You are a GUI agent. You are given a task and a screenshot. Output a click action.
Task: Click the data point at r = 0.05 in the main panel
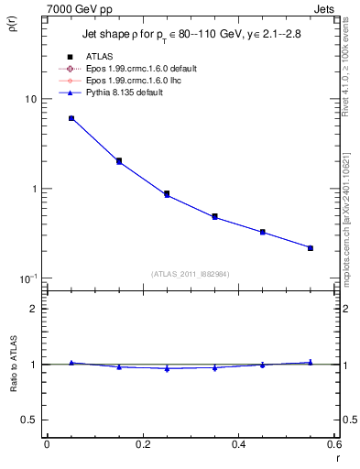pyautogui.click(x=71, y=118)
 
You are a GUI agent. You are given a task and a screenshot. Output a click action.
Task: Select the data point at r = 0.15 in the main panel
pyautogui.click(x=119, y=161)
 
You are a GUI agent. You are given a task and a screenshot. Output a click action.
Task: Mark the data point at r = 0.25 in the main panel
pyautogui.click(x=167, y=194)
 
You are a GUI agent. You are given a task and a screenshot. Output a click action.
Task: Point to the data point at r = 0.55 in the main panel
pyautogui.click(x=311, y=247)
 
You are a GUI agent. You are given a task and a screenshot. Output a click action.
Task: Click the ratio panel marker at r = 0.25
pyautogui.click(x=167, y=368)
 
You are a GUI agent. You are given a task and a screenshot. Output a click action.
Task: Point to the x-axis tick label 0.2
pyautogui.click(x=142, y=444)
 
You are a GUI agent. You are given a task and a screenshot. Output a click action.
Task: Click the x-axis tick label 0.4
pyautogui.click(x=238, y=444)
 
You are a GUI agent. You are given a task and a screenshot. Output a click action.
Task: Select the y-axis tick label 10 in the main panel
pyautogui.click(x=30, y=99)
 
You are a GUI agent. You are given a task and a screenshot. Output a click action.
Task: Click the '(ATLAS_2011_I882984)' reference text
pyautogui.click(x=191, y=274)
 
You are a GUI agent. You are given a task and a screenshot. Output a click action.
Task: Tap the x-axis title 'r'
pyautogui.click(x=335, y=456)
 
